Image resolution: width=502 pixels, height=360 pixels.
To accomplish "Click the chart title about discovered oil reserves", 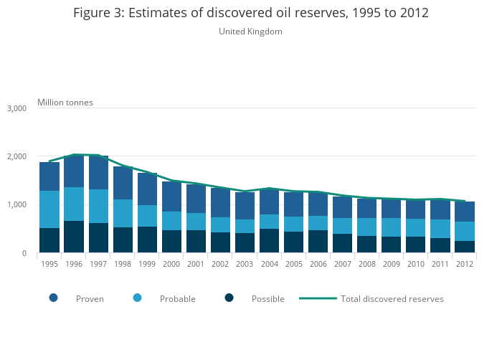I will pyautogui.click(x=250, y=14).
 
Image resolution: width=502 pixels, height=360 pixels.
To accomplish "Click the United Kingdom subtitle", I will pyautogui.click(x=250, y=32).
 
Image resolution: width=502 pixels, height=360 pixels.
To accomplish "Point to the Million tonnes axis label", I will pyautogui.click(x=65, y=103).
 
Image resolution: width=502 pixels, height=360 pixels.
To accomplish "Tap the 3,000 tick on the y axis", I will pyautogui.click(x=16, y=108).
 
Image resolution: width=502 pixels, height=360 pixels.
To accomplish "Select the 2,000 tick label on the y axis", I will pyautogui.click(x=16, y=156).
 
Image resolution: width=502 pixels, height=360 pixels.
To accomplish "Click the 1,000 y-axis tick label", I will pyautogui.click(x=16, y=205).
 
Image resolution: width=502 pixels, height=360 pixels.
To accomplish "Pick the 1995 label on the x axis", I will pyautogui.click(x=49, y=264).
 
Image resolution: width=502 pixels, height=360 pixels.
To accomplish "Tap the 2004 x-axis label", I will pyautogui.click(x=270, y=264).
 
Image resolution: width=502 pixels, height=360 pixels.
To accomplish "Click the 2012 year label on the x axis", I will pyautogui.click(x=465, y=264).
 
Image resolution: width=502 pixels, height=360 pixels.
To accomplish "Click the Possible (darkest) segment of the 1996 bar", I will pyautogui.click(x=74, y=237).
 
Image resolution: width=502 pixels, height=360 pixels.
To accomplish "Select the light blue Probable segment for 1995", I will pyautogui.click(x=49, y=209).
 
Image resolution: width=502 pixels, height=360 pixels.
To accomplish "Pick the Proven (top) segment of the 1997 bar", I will pyautogui.click(x=98, y=173).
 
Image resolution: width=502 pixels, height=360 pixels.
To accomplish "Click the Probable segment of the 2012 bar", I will pyautogui.click(x=465, y=231).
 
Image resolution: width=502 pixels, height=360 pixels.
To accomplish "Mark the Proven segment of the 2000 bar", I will pyautogui.click(x=171, y=196).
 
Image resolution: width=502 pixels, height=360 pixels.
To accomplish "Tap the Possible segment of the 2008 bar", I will pyautogui.click(x=367, y=245).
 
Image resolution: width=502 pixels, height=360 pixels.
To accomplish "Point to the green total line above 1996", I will pyautogui.click(x=74, y=154).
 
